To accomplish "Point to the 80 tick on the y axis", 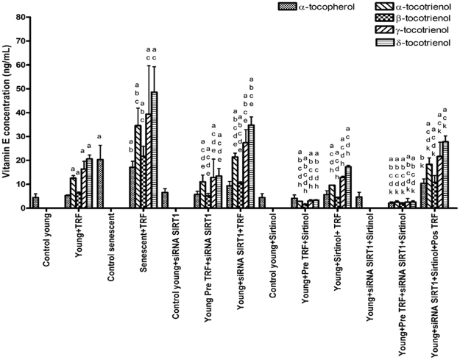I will (x=21, y=15).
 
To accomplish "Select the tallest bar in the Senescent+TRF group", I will (x=154, y=150).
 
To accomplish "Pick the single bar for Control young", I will (x=35, y=202).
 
